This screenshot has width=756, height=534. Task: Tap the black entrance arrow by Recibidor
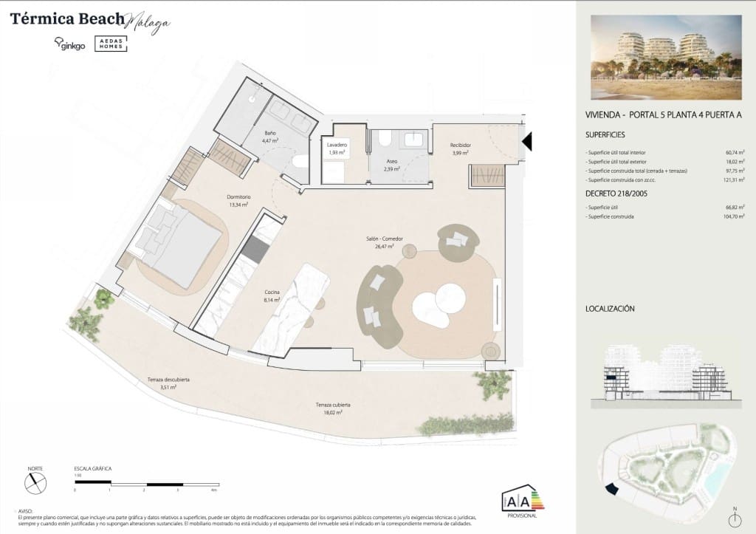526,140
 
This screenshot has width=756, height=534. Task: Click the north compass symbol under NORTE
35,483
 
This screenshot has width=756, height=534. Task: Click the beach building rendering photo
665,57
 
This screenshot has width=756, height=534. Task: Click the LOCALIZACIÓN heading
610,309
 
